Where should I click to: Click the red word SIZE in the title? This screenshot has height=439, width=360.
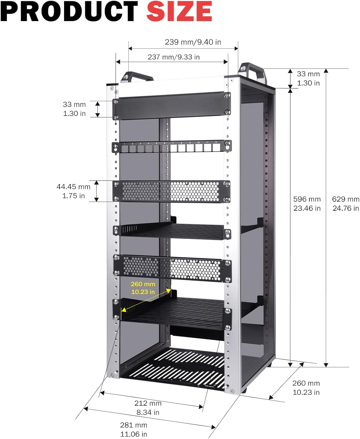179,11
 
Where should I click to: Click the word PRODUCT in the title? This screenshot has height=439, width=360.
69,11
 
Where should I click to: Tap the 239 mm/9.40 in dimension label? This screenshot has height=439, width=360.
193,42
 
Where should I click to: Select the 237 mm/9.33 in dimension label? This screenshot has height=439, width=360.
174,57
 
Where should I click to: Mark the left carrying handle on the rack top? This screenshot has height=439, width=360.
137,77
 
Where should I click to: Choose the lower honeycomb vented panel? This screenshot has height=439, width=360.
172,267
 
